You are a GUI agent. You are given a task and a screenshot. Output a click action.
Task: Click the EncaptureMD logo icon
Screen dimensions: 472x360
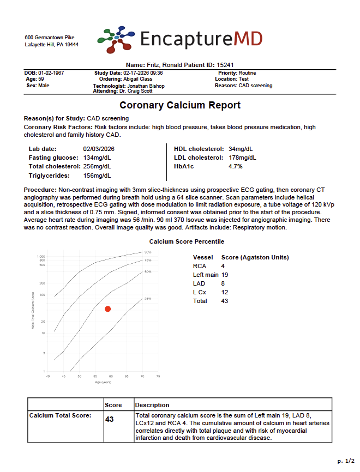(x=115, y=40)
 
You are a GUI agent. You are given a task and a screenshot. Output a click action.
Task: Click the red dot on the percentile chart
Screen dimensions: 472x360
(x=108, y=309)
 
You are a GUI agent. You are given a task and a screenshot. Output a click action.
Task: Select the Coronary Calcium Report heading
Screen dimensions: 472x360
(x=180, y=105)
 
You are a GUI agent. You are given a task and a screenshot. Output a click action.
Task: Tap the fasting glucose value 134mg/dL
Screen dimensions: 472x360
(x=97, y=158)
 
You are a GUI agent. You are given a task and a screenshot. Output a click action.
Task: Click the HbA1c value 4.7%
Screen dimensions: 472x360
(x=236, y=166)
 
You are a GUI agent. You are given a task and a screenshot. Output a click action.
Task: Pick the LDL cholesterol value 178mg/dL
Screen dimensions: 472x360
(x=242, y=158)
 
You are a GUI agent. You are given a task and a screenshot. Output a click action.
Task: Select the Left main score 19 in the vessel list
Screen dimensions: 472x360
(x=225, y=275)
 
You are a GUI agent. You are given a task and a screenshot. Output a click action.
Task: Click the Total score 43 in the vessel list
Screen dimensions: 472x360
(x=225, y=301)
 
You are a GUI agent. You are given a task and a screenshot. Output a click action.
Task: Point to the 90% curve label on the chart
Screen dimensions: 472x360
(x=147, y=252)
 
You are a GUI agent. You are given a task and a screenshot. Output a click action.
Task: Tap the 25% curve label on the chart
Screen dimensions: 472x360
(x=147, y=299)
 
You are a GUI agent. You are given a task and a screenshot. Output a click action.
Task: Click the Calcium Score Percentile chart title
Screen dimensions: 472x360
(x=187, y=241)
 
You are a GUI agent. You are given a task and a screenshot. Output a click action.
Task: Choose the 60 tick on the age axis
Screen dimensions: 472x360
(x=111, y=376)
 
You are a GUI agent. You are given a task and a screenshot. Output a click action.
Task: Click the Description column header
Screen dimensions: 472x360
(x=152, y=405)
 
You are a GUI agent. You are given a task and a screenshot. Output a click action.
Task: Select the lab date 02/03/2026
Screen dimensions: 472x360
(x=99, y=148)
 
